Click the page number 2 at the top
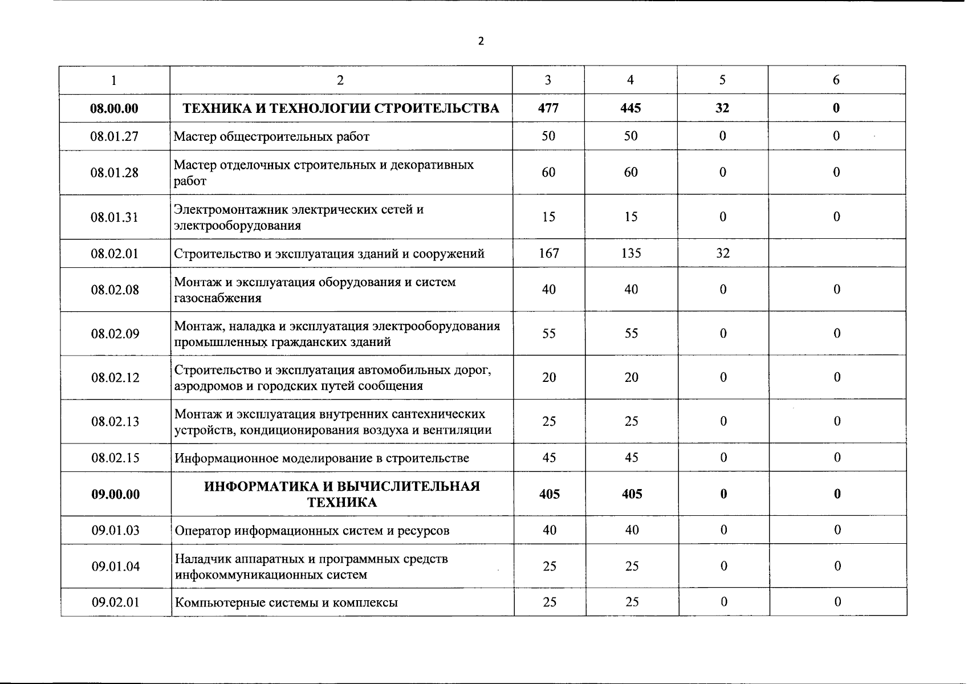point(481,41)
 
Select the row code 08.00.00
point(114,108)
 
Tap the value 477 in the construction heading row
point(548,108)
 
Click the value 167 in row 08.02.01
point(548,253)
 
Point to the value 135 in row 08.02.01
point(631,253)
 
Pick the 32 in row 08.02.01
point(722,253)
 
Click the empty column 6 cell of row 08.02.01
point(836,253)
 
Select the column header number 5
point(722,80)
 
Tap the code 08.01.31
point(114,217)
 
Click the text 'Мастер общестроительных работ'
point(271,137)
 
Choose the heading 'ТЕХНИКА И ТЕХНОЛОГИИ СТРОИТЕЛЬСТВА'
point(341,108)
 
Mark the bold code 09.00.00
point(115,494)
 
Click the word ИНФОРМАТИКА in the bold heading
point(266,486)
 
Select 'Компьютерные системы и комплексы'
point(286,602)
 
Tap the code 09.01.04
point(115,567)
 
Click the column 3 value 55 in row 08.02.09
point(548,333)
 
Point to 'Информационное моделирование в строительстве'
point(322,458)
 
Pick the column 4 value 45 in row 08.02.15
point(631,458)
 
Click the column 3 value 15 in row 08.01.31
point(548,217)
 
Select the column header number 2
point(340,80)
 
